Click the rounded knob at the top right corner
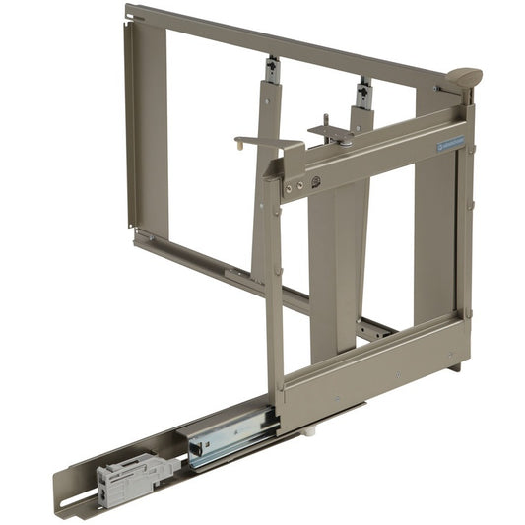pos(461,77)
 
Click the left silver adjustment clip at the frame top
pos(273,70)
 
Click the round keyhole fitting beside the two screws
pos(315,181)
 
